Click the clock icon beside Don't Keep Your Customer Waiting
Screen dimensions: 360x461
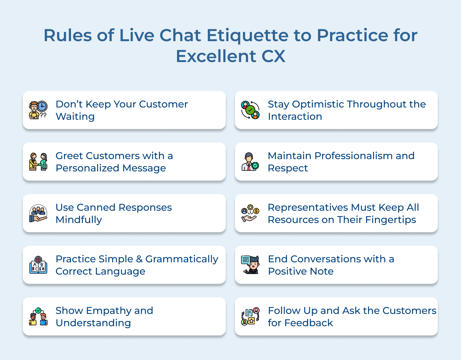pos(42,106)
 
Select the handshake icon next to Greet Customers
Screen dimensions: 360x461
pos(38,162)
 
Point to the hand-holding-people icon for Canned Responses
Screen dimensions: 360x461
pos(38,213)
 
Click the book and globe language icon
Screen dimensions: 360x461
pos(38,265)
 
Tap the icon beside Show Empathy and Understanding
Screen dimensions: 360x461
pos(38,317)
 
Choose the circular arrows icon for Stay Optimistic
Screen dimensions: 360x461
pos(250,110)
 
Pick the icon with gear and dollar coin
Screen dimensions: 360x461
pos(250,213)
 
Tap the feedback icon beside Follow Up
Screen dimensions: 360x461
pos(250,317)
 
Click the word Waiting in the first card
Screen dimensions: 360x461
pos(75,117)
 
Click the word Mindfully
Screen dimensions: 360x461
pos(79,220)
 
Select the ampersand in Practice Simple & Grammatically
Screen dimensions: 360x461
pos(139,259)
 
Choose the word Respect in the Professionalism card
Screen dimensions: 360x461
pos(288,168)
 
